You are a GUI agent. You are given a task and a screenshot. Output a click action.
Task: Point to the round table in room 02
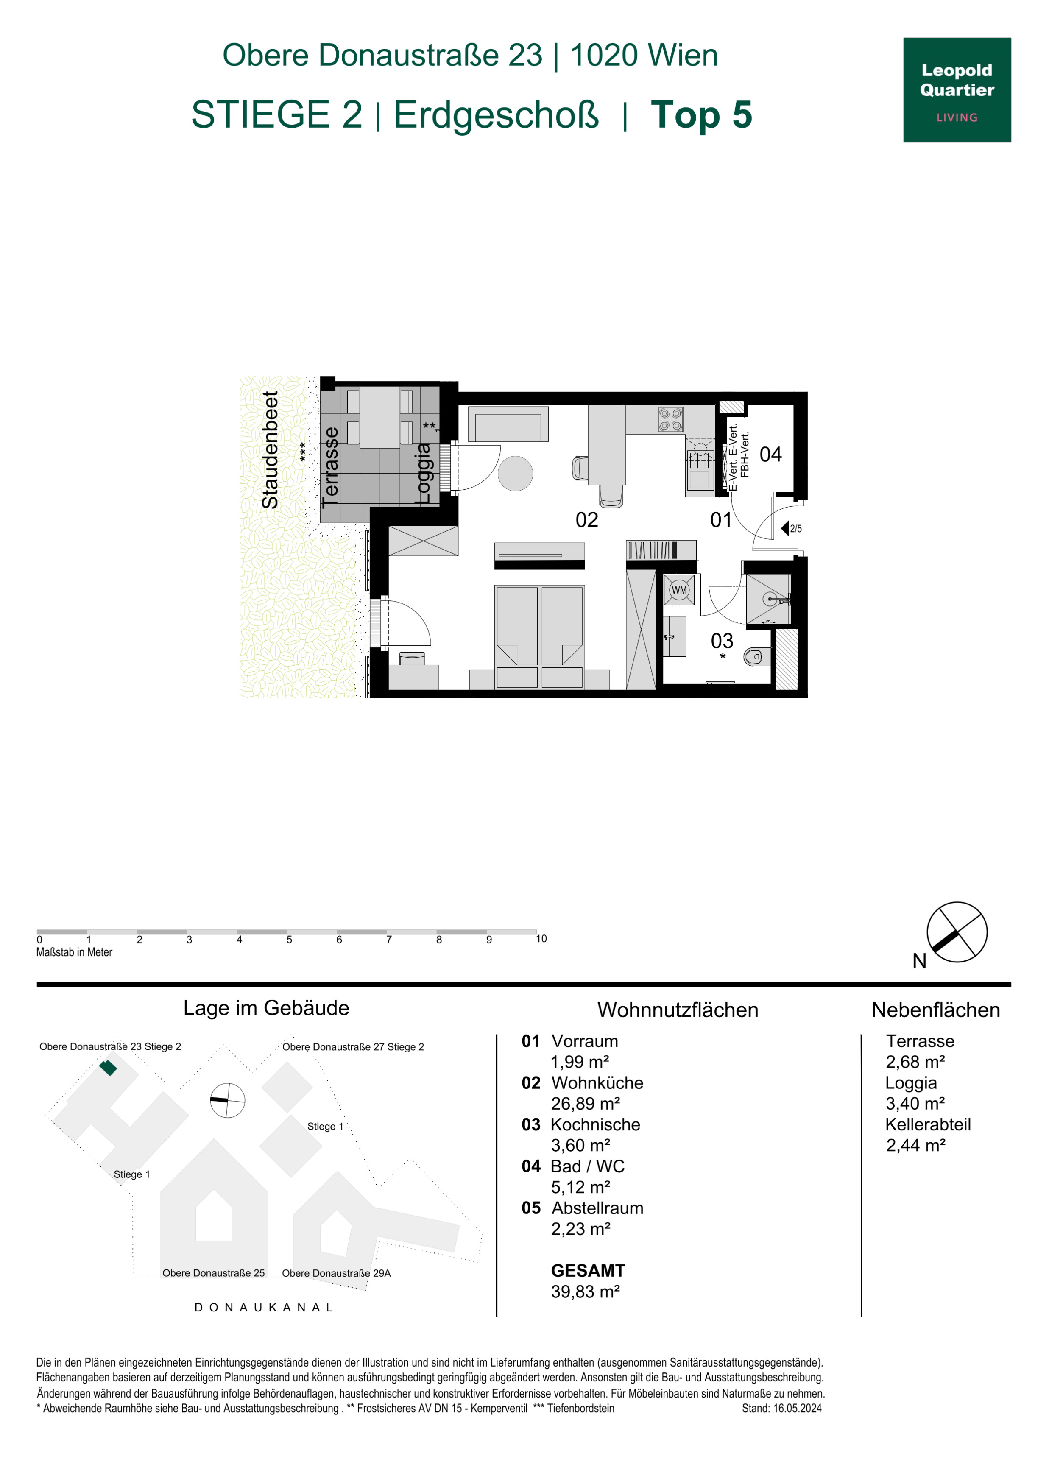[x=515, y=473]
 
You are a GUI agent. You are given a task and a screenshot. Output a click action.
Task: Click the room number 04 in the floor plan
[x=770, y=455]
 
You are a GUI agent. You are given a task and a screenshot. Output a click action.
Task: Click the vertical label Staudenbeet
[x=270, y=450]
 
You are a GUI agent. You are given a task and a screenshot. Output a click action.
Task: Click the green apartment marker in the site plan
[x=108, y=1068]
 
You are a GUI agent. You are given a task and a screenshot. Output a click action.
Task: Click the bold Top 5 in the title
[x=701, y=114]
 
